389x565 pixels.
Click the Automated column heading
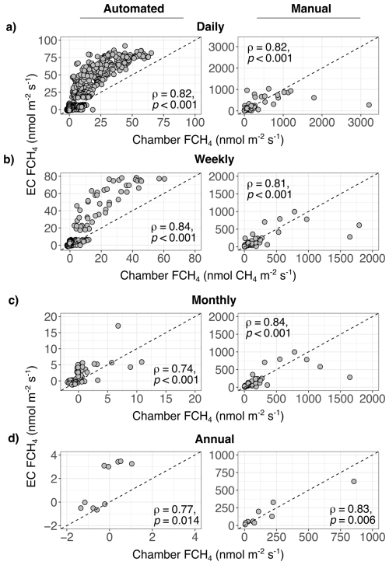coord(134,9)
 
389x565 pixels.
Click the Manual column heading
coord(311,9)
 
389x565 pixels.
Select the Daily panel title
coord(210,26)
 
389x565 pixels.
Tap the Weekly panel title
coord(215,159)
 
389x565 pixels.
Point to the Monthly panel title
coord(214,300)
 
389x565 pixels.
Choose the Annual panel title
coord(215,439)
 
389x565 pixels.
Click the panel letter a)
coord(11,27)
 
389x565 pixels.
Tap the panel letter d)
coord(12,439)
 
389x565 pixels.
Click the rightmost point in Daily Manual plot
coord(369,105)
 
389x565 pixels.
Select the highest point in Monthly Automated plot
coord(117,326)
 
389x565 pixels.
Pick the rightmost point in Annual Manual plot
coord(354,481)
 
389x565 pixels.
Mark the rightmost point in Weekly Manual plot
coord(359,225)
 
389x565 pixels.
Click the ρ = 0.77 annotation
coord(175,510)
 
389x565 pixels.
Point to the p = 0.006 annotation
coord(352,520)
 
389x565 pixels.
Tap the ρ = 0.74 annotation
coord(175,369)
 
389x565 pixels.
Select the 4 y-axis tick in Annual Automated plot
coord(54,455)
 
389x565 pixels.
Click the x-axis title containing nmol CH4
coord(208,276)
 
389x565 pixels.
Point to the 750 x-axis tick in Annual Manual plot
coord(341,537)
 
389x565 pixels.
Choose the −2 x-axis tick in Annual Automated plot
coord(66,537)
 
